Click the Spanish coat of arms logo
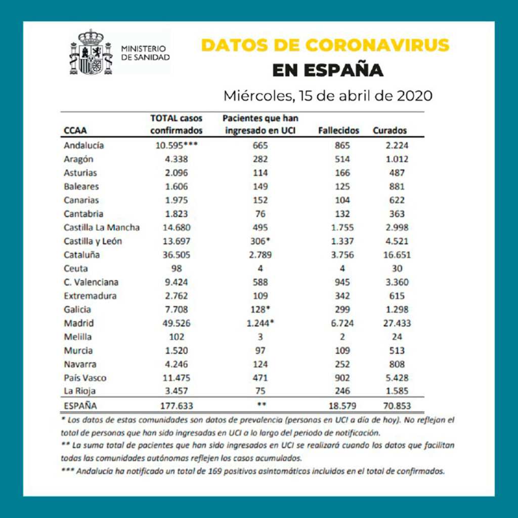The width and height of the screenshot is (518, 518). pyautogui.click(x=92, y=53)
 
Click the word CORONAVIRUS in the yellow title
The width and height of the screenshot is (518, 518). pyautogui.click(x=377, y=45)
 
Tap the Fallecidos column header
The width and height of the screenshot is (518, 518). pyautogui.click(x=338, y=130)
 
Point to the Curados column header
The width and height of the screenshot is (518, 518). pyautogui.click(x=390, y=130)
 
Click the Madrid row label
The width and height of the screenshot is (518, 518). pyautogui.click(x=79, y=323)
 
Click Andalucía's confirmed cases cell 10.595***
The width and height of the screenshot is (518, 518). pyautogui.click(x=176, y=145)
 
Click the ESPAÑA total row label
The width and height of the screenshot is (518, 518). pyautogui.click(x=80, y=406)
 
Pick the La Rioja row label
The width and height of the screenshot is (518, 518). pyautogui.click(x=80, y=391)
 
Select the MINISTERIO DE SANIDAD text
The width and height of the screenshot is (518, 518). pyautogui.click(x=146, y=53)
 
